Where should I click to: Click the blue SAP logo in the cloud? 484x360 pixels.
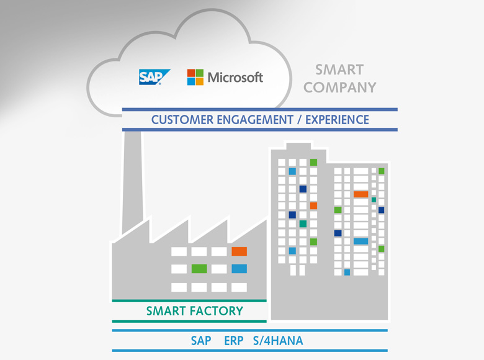click(x=154, y=77)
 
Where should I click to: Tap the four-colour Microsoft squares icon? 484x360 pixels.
click(x=195, y=77)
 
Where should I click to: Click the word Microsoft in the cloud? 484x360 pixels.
click(x=235, y=77)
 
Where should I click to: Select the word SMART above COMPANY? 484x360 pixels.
click(x=339, y=70)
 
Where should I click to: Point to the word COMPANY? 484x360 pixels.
click(x=340, y=88)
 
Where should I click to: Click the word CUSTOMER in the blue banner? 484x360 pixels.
click(x=182, y=120)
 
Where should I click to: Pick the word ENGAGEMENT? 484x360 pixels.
click(x=255, y=120)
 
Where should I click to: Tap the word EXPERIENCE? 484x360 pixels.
click(x=337, y=120)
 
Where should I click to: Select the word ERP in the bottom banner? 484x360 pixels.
click(x=234, y=341)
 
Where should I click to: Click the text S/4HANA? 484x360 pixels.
click(x=278, y=341)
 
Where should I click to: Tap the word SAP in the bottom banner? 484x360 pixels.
click(x=201, y=341)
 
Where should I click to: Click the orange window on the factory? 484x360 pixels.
click(x=240, y=251)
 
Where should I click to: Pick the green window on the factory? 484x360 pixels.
click(x=199, y=269)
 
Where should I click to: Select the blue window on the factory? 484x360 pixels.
click(x=240, y=269)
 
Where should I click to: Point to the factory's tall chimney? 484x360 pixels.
click(x=133, y=182)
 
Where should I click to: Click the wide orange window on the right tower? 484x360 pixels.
click(x=361, y=194)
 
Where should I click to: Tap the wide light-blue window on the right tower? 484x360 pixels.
click(x=361, y=241)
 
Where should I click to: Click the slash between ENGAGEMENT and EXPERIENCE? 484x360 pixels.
click(x=299, y=120)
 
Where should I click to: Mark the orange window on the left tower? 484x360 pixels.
click(x=313, y=205)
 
